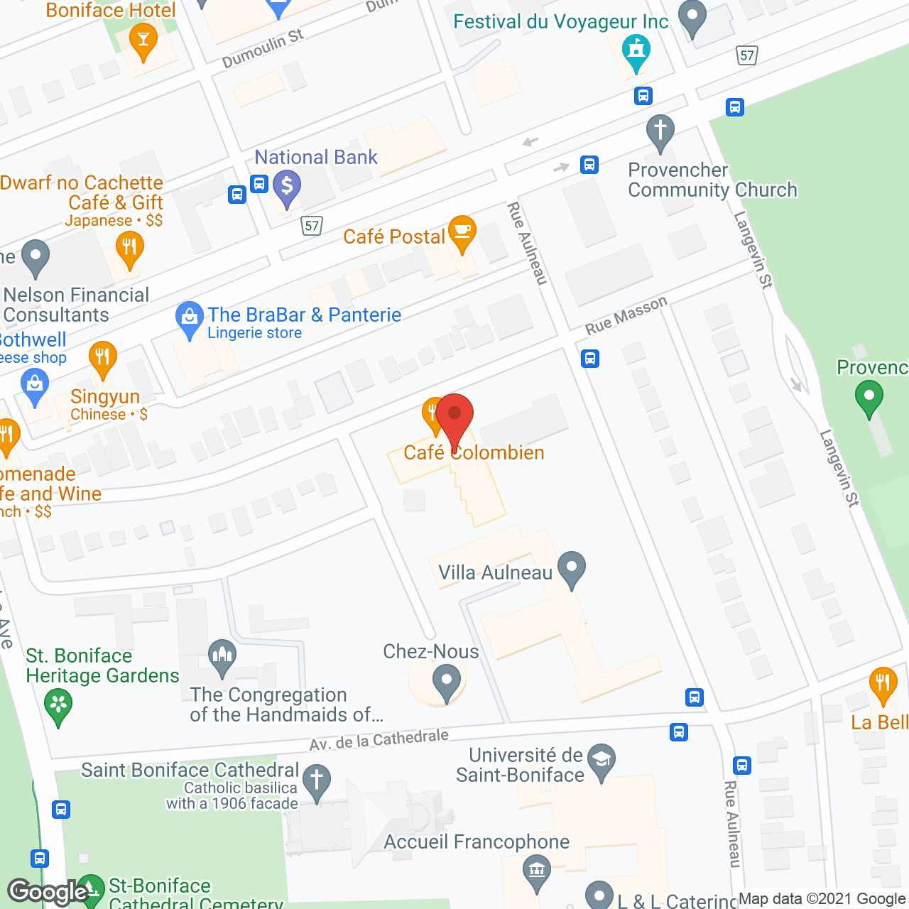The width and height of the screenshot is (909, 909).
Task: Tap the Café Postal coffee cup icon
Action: coord(462,232)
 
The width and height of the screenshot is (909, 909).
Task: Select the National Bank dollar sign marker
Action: coord(287,187)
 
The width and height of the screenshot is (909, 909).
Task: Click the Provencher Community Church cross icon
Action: coord(660,131)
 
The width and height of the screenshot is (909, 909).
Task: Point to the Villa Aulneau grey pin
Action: coord(572,568)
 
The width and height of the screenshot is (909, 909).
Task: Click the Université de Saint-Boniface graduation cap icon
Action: coord(602,761)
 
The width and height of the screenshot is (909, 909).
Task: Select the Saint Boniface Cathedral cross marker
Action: coord(317,780)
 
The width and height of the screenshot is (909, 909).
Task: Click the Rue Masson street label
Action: coord(626,315)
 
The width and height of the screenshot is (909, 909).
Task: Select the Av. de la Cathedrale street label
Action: coord(379,740)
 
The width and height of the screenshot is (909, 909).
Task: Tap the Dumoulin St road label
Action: coord(262,48)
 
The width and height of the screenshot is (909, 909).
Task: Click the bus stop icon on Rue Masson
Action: coord(590,359)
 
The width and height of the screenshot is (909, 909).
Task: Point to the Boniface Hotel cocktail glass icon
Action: coord(143,39)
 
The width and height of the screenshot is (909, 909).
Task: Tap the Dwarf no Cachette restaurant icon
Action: coord(129,249)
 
